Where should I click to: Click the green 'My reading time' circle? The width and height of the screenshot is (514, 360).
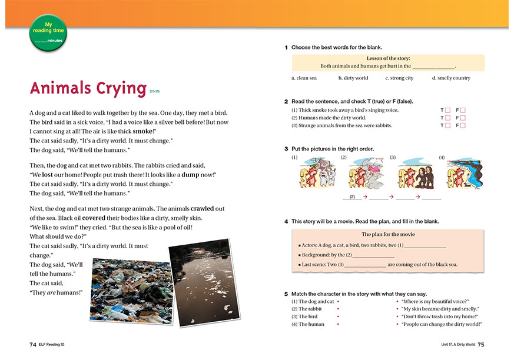48,32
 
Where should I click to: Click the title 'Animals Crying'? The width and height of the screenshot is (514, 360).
88,88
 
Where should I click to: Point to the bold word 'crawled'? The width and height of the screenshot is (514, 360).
203,209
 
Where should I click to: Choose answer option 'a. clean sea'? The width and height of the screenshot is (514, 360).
304,78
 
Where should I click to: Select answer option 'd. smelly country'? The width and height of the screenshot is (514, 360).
451,78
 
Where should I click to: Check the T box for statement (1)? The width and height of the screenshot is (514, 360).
447,111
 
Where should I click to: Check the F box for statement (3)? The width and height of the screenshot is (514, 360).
463,126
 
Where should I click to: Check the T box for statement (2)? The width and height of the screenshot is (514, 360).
447,118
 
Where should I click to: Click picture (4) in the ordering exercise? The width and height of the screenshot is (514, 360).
464,174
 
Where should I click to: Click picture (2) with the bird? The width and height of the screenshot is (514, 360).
365,174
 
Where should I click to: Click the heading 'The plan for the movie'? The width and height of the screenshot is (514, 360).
387,234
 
